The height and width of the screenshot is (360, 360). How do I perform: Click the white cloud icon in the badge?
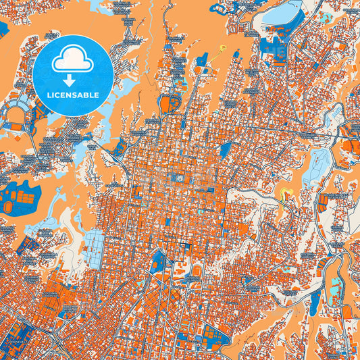73,59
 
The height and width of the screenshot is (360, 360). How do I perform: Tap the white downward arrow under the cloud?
73,76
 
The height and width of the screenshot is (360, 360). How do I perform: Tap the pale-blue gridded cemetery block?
95,242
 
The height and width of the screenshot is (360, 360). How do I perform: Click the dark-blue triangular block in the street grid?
224,149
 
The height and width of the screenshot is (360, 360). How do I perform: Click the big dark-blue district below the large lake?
274,47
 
